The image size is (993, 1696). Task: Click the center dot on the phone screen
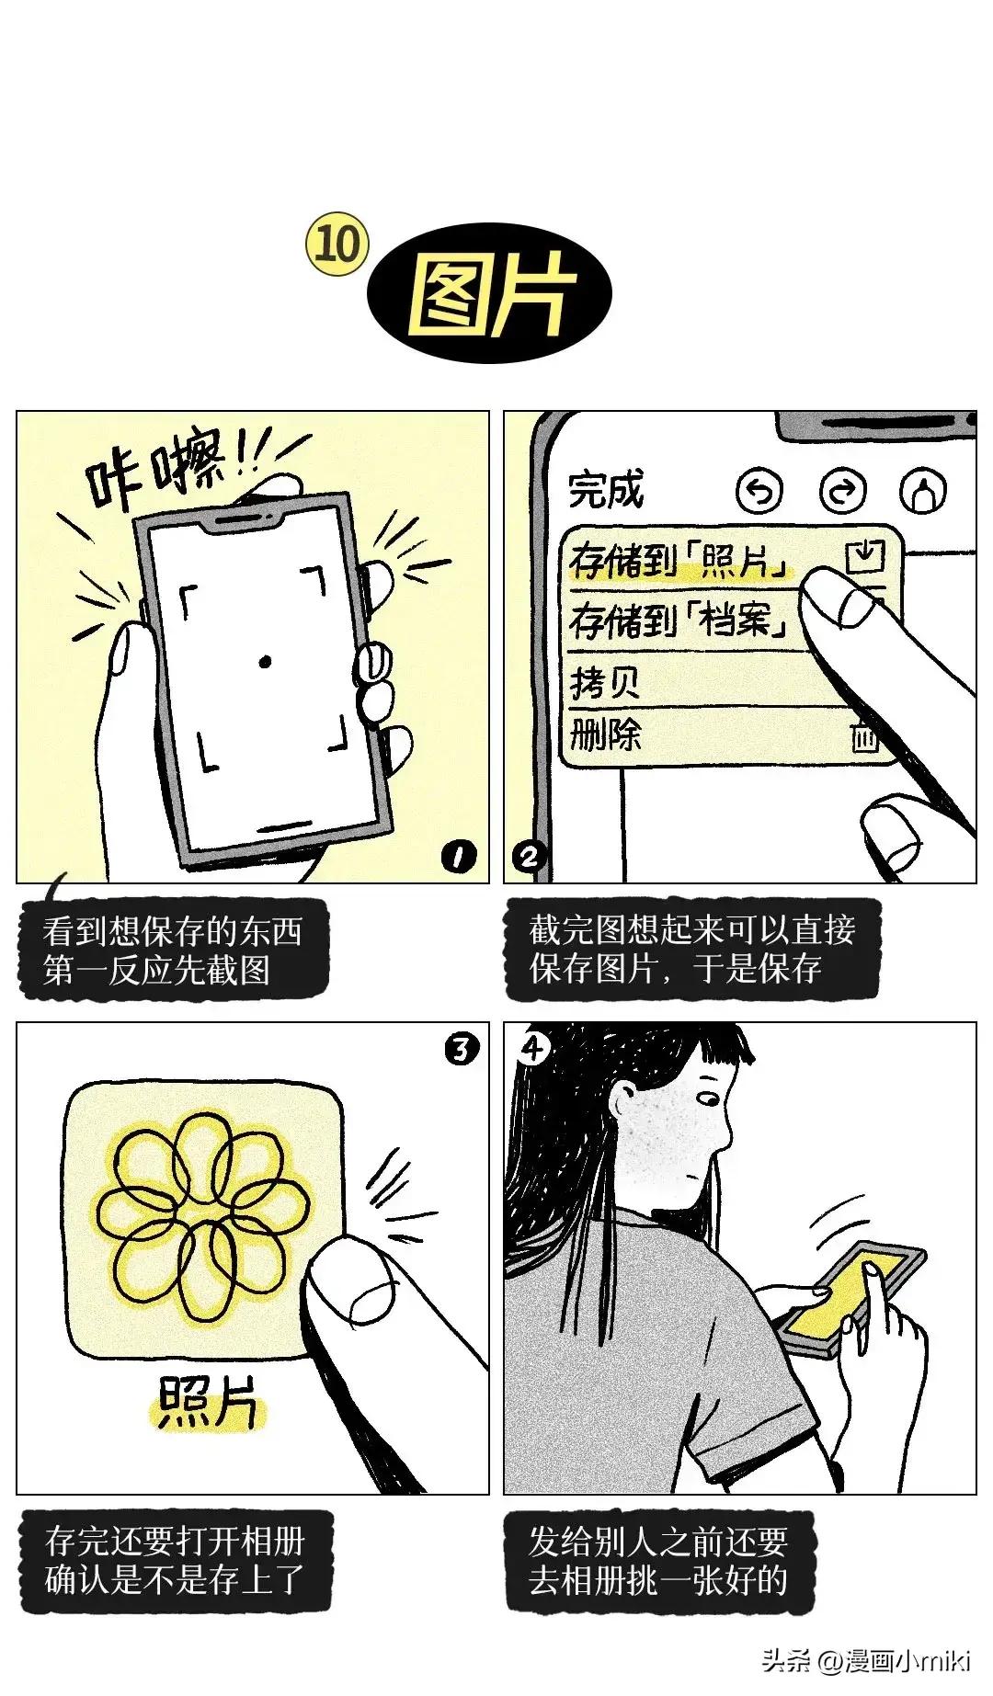[265, 660]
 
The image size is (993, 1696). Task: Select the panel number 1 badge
[459, 858]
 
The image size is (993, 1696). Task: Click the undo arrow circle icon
[759, 492]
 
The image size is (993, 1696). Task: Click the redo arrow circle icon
[841, 492]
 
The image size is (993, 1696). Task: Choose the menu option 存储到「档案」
[680, 620]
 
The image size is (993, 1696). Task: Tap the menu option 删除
[605, 734]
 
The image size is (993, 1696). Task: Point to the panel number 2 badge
[529, 858]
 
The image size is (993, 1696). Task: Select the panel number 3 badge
[462, 1048]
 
